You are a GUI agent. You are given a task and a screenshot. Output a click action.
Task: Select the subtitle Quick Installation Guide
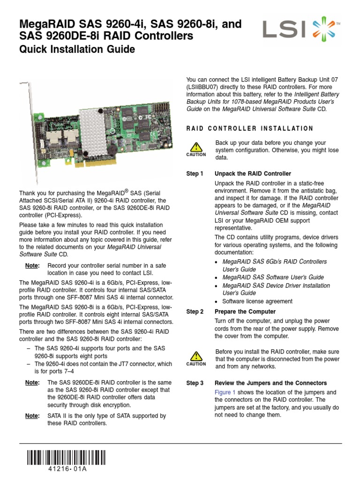pyautogui.click(x=77, y=49)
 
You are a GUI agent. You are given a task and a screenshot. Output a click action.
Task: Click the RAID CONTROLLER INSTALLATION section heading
pyautogui.click(x=250, y=128)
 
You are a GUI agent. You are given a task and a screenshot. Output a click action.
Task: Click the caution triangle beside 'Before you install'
pyautogui.click(x=196, y=356)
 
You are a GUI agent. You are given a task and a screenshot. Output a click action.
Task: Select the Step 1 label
pyautogui.click(x=195, y=173)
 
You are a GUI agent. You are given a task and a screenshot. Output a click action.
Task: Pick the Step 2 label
pyautogui.click(x=195, y=312)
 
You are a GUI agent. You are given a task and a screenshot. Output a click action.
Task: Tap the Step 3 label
pyautogui.click(x=195, y=383)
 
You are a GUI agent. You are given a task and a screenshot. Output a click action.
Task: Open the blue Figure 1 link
pyautogui.click(x=225, y=392)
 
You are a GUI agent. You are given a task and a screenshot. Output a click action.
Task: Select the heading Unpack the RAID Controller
pyautogui.click(x=253, y=173)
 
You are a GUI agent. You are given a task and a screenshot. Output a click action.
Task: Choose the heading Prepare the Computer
pyautogui.click(x=245, y=312)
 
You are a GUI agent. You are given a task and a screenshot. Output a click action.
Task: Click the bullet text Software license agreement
pyautogui.click(x=257, y=301)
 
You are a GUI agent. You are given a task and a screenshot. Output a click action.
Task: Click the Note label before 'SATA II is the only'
pyautogui.click(x=32, y=416)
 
